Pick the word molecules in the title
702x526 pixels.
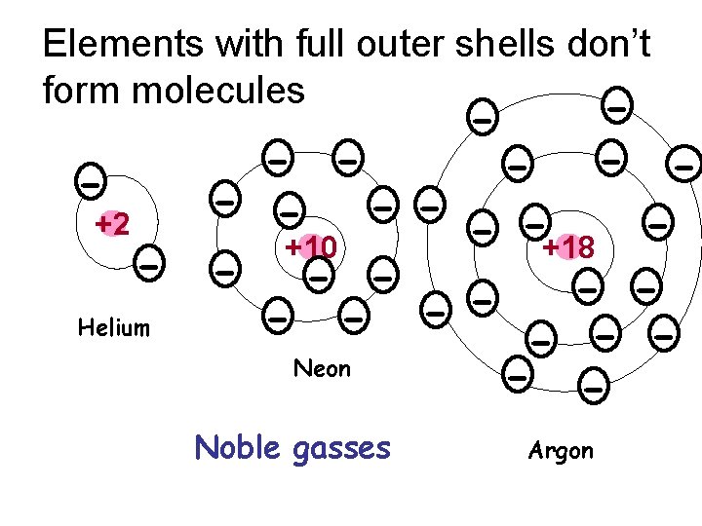223,91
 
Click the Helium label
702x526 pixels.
114,327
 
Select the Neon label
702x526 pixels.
323,368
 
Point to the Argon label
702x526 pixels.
561,451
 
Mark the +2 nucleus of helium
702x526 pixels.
113,224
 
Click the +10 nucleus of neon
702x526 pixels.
312,247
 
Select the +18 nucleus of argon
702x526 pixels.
569,247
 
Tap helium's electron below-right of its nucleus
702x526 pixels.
149,263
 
